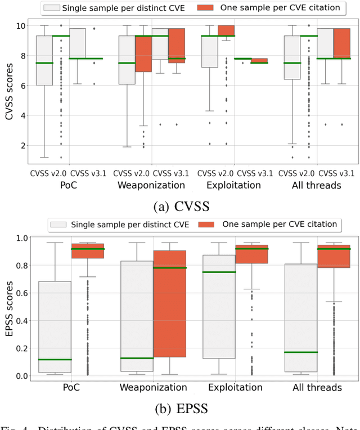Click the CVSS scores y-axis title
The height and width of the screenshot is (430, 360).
coord(8,86)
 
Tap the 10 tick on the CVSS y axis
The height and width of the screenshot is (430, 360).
coord(21,26)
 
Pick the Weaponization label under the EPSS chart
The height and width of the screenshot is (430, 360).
coord(152,387)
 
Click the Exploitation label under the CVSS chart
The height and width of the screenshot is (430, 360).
coord(236,185)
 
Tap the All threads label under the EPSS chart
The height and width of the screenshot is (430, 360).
coord(317,387)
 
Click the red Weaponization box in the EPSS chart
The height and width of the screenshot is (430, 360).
coord(169,304)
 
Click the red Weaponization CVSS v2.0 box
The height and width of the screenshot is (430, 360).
coord(144,53)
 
